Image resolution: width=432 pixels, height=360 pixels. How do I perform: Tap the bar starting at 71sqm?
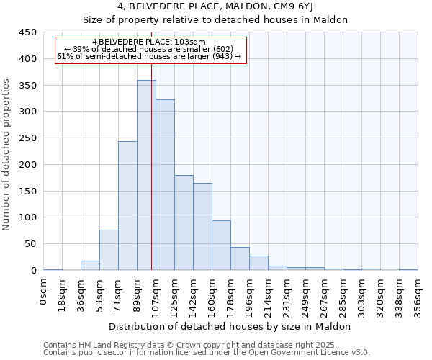(127, 206)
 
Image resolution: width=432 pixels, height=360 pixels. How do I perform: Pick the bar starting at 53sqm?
(109, 250)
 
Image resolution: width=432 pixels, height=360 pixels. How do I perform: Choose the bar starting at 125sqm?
(184, 222)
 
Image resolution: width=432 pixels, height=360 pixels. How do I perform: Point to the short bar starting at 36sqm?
(90, 266)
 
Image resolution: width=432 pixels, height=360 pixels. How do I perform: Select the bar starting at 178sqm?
(240, 258)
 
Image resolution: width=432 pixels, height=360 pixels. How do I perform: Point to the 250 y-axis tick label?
(28, 138)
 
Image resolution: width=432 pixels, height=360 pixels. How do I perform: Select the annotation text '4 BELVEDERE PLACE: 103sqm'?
(149, 42)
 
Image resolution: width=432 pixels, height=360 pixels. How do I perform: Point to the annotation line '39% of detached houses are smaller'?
(149, 49)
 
